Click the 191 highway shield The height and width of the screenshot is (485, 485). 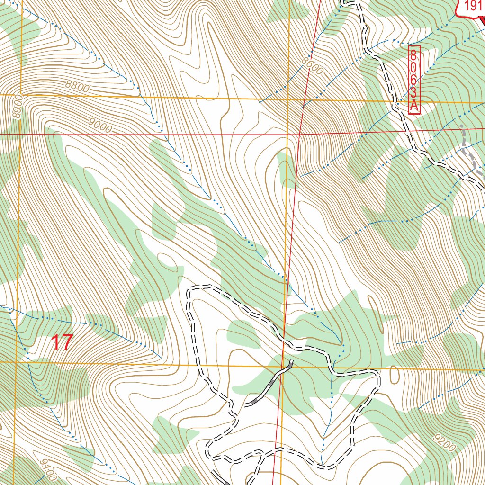pos(472,7)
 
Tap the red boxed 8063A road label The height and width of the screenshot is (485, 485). pos(414,80)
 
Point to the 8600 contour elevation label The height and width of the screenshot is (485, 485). pos(312,65)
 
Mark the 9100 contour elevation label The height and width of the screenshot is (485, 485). pos(48,469)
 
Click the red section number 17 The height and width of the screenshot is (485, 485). pos(62,342)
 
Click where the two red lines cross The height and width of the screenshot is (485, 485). pos(299,135)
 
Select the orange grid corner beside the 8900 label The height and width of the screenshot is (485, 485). pos(21,95)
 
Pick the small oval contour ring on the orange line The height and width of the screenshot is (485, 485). pos(394,375)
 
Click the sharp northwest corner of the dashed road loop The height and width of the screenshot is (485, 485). pos(189,289)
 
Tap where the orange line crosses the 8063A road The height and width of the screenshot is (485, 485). pos(395,101)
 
